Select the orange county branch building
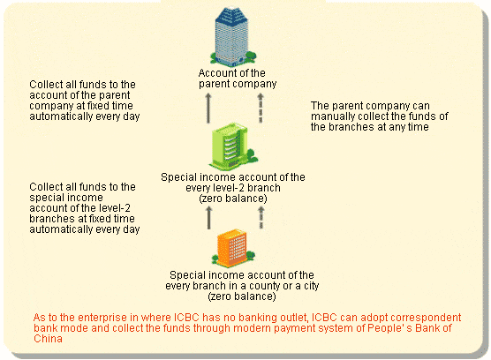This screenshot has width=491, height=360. [x=233, y=248]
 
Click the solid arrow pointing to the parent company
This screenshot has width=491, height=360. [x=208, y=108]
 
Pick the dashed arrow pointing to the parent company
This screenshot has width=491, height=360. [x=261, y=108]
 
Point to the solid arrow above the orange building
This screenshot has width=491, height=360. [x=209, y=217]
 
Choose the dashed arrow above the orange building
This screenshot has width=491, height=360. [x=261, y=217]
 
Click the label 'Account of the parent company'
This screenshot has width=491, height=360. [x=238, y=79]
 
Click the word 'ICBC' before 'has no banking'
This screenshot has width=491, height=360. [x=186, y=318]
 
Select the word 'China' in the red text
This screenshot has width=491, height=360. [x=48, y=339]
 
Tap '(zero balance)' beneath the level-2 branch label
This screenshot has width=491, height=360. [x=233, y=199]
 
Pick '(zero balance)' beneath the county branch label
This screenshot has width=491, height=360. [x=242, y=296]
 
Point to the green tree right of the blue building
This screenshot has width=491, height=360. [x=251, y=56]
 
